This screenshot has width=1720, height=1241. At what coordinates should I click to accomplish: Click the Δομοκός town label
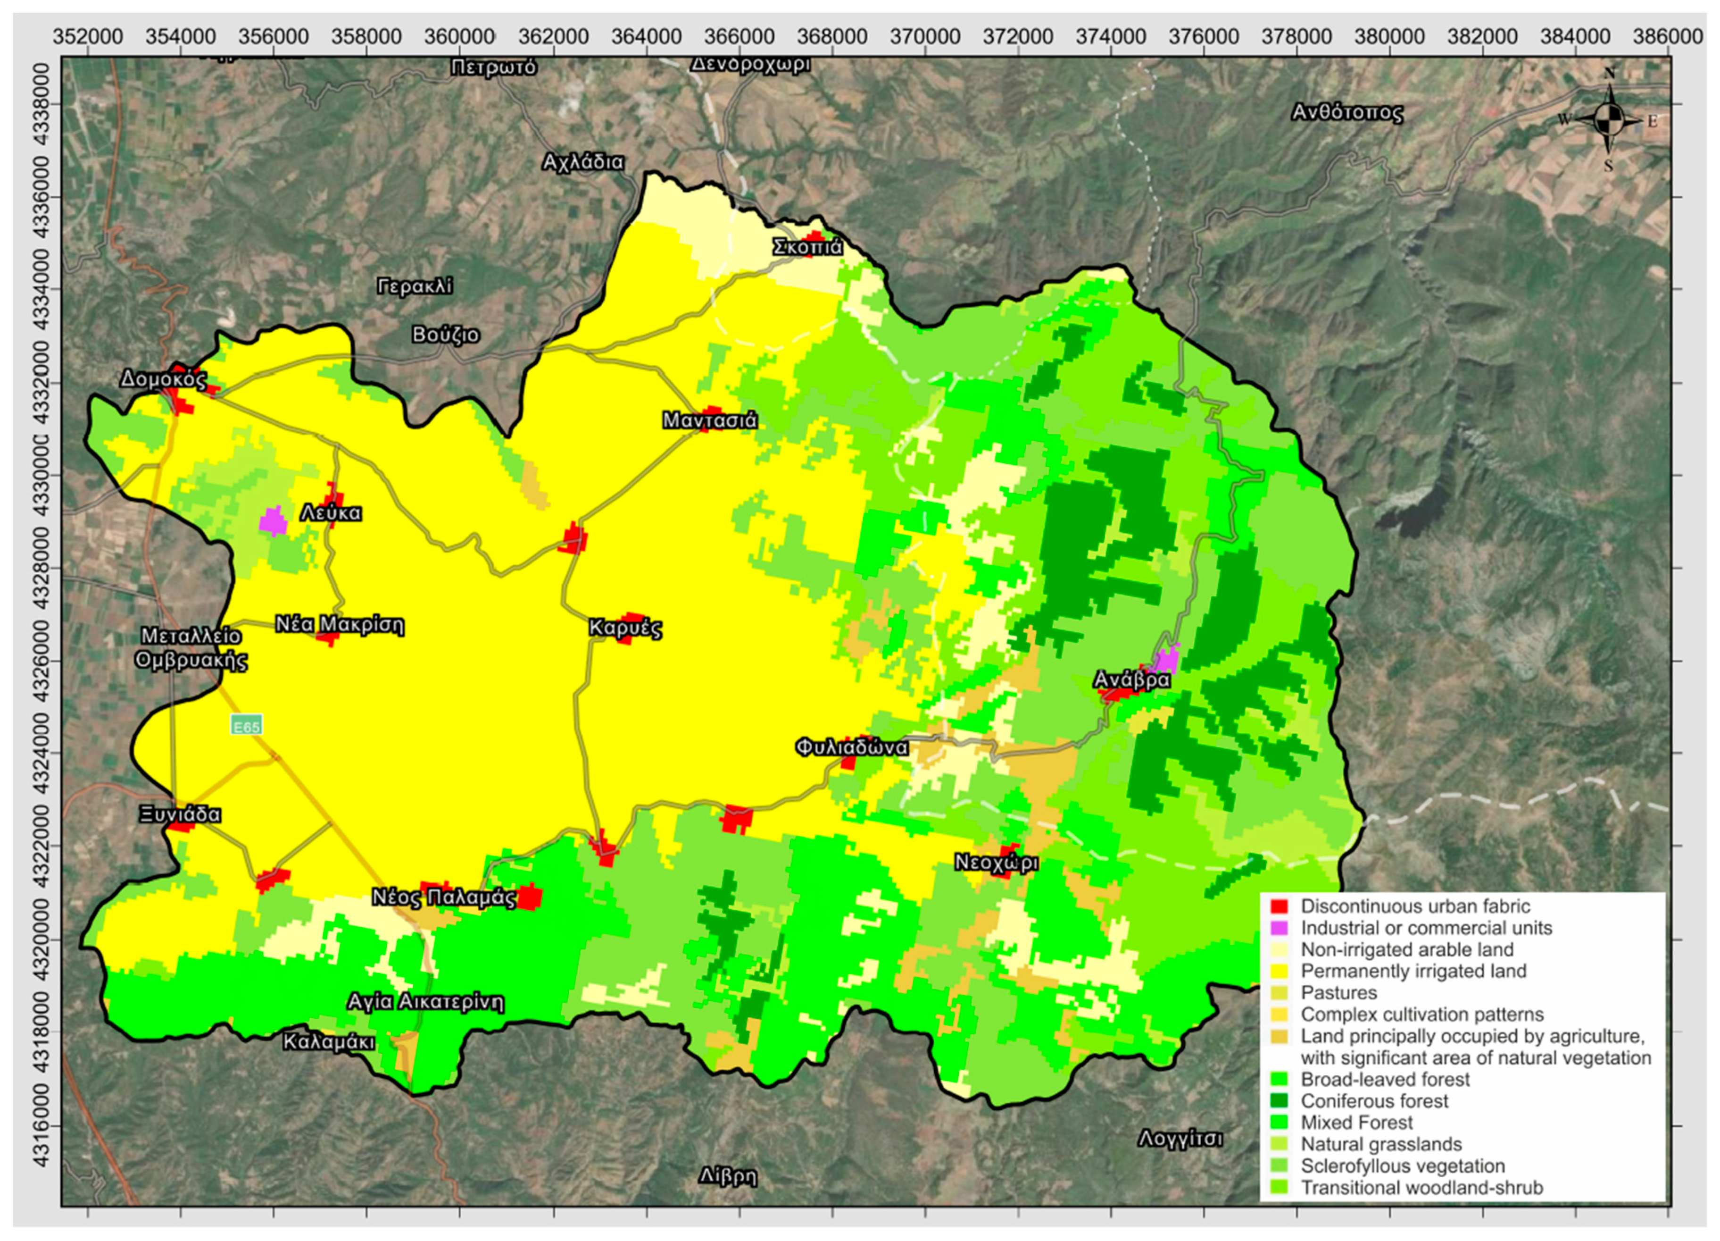pos(163,378)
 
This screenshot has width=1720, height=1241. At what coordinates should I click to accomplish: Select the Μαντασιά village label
pos(709,420)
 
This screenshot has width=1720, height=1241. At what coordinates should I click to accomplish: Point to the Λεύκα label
pos(331,513)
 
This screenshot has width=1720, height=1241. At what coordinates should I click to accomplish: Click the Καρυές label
pos(625,628)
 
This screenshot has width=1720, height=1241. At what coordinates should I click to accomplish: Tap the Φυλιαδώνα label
pos(851,747)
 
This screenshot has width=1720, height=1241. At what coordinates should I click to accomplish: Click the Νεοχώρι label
pos(996,863)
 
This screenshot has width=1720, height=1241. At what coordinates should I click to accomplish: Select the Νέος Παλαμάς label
pos(444,897)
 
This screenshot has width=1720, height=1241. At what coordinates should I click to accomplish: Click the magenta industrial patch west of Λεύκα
pos(272,521)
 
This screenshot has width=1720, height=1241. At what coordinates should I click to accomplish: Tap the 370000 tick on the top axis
pos(925,36)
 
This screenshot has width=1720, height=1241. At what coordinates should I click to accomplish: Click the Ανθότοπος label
pos(1347,113)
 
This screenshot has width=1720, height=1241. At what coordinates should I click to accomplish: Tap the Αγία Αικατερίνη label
pos(425,1002)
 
